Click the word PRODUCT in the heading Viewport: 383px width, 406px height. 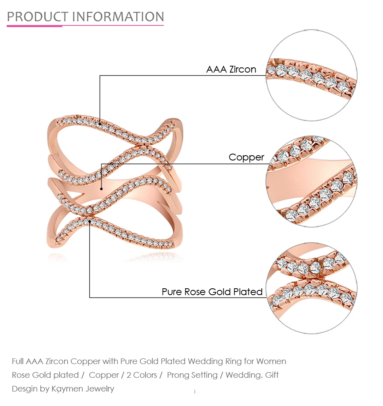pyautogui.click(x=37, y=17)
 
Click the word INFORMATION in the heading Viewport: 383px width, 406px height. pyautogui.click(x=118, y=17)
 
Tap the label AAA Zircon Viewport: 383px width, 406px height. pyautogui.click(x=231, y=69)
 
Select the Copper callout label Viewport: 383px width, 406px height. pyautogui.click(x=246, y=157)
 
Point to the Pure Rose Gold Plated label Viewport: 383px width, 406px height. pyautogui.click(x=212, y=292)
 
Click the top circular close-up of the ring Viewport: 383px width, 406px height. pyautogui.click(x=312, y=75)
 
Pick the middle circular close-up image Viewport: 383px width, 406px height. pyautogui.click(x=312, y=181)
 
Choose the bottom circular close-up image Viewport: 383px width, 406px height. pyautogui.click(x=312, y=288)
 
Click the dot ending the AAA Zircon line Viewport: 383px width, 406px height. pyautogui.click(x=100, y=124)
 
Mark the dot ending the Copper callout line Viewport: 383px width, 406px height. pyautogui.click(x=101, y=189)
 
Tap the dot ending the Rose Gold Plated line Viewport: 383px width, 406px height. pyautogui.click(x=90, y=221)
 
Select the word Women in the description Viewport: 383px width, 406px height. pyautogui.click(x=271, y=361)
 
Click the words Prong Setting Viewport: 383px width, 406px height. pyautogui.click(x=192, y=375)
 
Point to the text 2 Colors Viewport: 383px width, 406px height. pyautogui.click(x=142, y=375)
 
